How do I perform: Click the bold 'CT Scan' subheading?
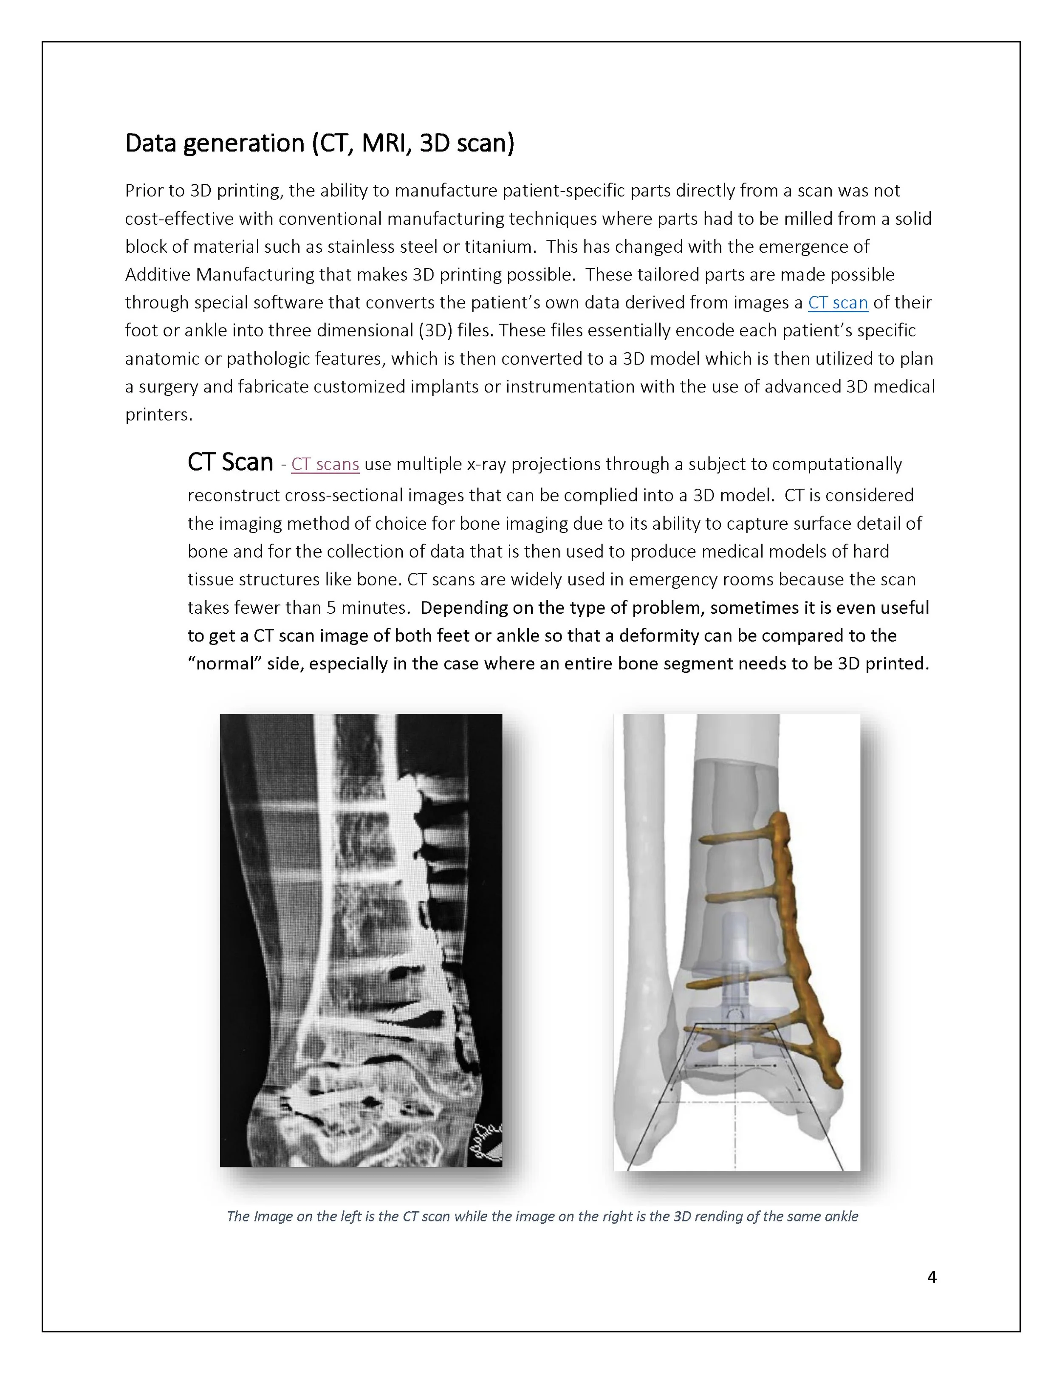click(230, 463)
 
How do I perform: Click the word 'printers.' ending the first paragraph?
click(158, 415)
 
